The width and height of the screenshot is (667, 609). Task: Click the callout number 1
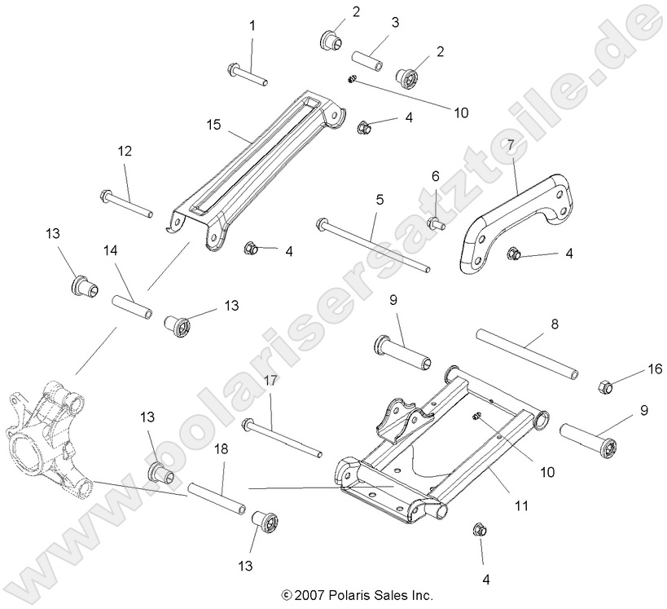pyautogui.click(x=252, y=26)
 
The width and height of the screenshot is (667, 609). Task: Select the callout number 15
pyautogui.click(x=214, y=126)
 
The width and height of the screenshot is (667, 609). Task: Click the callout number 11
pyautogui.click(x=522, y=505)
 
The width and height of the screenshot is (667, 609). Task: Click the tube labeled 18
pyautogui.click(x=217, y=499)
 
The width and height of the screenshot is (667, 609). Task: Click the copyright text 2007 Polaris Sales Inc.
pyautogui.click(x=356, y=595)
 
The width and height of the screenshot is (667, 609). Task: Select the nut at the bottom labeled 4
pyautogui.click(x=480, y=530)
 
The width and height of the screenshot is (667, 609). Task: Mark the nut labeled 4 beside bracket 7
pyautogui.click(x=515, y=254)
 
